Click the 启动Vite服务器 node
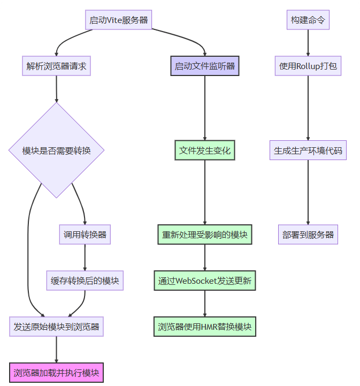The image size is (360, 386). pyautogui.click(x=118, y=20)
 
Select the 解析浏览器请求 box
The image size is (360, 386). pyautogui.click(x=56, y=67)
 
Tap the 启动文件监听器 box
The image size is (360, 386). pyautogui.click(x=205, y=67)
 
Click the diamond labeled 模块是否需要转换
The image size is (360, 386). pyautogui.click(x=56, y=150)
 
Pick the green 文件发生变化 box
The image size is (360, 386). pyautogui.click(x=205, y=150)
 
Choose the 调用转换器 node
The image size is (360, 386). pyautogui.click(x=85, y=234)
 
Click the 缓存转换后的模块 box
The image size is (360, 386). pyautogui.click(x=85, y=281)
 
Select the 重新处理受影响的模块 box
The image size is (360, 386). pyautogui.click(x=205, y=234)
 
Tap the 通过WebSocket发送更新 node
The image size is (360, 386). pyautogui.click(x=205, y=281)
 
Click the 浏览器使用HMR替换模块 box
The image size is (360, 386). pyautogui.click(x=205, y=326)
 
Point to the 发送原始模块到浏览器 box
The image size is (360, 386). pyautogui.click(x=56, y=326)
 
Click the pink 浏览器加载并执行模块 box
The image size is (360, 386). pyautogui.click(x=56, y=372)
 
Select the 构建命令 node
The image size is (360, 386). pyautogui.click(x=308, y=20)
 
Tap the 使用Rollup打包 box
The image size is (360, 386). pyautogui.click(x=308, y=67)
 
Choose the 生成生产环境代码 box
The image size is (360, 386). pyautogui.click(x=308, y=150)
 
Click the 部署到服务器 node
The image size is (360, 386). pyautogui.click(x=308, y=234)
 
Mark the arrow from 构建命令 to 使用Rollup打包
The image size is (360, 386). pyautogui.click(x=308, y=43)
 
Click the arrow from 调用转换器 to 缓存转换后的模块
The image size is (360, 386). pyautogui.click(x=85, y=258)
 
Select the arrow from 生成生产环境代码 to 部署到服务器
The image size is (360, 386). pyautogui.click(x=308, y=193)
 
